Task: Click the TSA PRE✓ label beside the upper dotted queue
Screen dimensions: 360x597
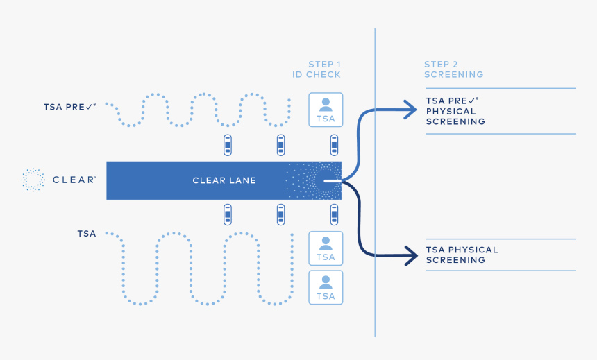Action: (70, 107)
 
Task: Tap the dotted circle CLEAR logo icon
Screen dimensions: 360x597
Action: (32, 180)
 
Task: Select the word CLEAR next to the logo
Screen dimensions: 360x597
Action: (74, 180)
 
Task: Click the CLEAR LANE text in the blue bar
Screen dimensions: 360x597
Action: (224, 180)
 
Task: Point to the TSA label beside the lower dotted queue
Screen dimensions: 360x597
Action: (87, 234)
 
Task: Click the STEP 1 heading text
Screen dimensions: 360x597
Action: (324, 65)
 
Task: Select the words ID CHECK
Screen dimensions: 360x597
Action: (317, 75)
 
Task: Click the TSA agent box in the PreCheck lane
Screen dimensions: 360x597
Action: (326, 110)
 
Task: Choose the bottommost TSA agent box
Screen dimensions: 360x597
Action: (326, 287)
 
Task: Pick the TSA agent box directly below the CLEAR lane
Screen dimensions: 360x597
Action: (326, 248)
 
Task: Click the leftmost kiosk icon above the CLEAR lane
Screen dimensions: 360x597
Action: (227, 146)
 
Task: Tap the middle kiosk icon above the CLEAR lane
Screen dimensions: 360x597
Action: (280, 146)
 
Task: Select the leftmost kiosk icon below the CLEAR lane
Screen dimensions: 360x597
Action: (227, 214)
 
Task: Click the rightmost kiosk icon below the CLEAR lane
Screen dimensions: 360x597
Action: (334, 214)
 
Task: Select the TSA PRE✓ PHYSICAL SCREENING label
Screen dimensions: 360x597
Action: (455, 111)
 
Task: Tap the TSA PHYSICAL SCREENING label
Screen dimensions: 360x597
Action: (462, 255)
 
